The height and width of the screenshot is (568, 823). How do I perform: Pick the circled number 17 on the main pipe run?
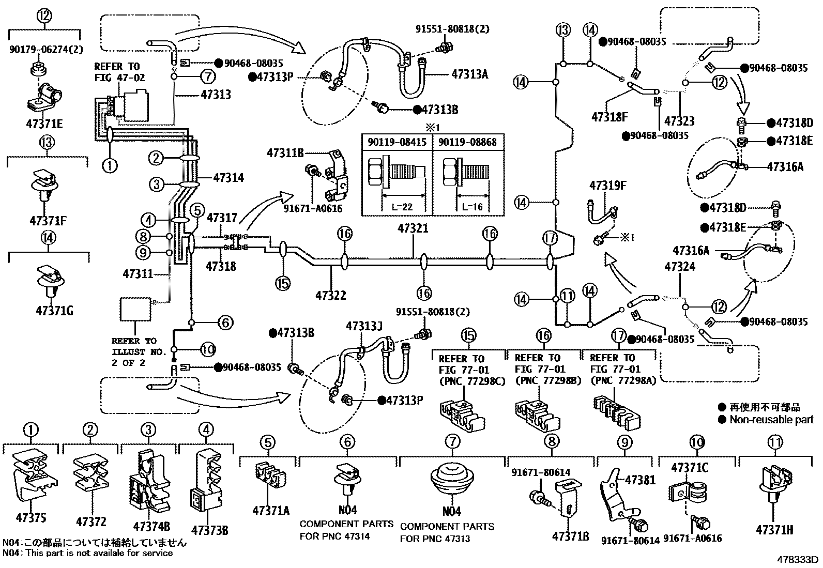coord(550,238)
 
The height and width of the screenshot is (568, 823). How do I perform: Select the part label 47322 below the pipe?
coord(331,296)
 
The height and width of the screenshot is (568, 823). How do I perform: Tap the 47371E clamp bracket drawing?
coord(44,98)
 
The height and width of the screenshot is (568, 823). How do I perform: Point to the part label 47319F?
coord(608,186)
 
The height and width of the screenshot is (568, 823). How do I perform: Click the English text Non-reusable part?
coord(771,420)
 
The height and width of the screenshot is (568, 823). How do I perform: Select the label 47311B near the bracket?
coord(285,152)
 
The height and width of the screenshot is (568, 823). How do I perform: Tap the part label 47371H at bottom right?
coord(774,530)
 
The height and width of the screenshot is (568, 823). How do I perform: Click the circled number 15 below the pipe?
coord(283,283)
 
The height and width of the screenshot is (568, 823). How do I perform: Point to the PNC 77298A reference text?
coord(618,381)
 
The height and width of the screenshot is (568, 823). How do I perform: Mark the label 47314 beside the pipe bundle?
coord(228,178)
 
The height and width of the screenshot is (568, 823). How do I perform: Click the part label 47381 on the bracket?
coord(640,480)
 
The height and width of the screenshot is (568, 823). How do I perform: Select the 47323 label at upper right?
coord(679,121)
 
